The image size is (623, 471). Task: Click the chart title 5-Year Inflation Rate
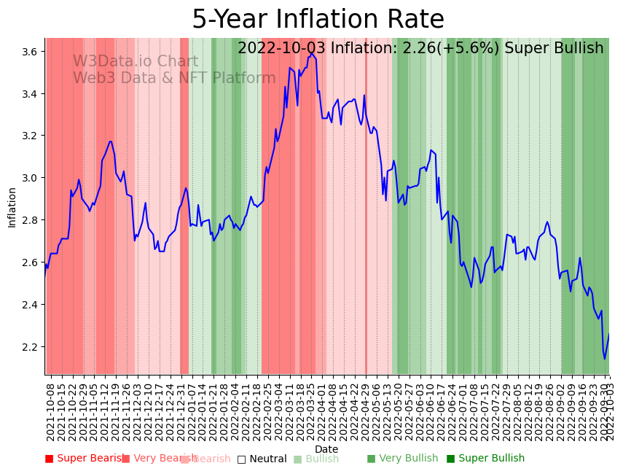[x=318, y=20]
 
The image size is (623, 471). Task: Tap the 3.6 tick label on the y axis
[x=31, y=52]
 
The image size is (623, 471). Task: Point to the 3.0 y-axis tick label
[x=31, y=178]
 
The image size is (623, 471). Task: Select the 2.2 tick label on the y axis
[x=31, y=346]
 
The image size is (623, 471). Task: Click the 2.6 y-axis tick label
[x=31, y=262]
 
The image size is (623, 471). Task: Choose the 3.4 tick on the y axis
[x=31, y=94]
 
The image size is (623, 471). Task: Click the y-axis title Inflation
[x=12, y=207]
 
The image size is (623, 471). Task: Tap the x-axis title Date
[x=326, y=449]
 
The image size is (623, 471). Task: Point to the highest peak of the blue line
[x=311, y=52]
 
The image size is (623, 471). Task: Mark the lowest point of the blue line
[x=604, y=359]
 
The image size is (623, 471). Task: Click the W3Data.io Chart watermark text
[x=135, y=62]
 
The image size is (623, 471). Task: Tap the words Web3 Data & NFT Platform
[x=174, y=78]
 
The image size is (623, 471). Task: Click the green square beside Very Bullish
[x=371, y=459]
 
